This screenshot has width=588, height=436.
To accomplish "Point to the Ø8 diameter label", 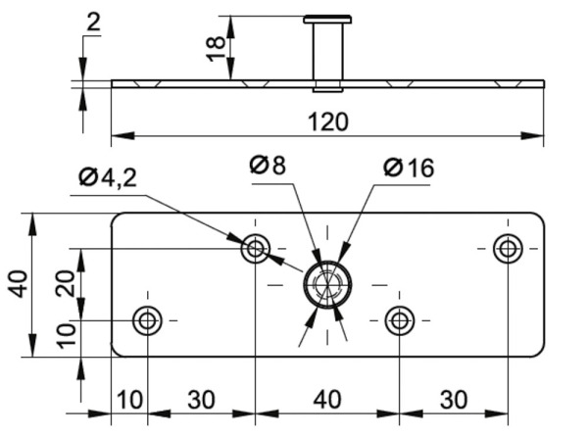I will coord(268,166).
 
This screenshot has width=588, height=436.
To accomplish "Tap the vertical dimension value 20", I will coord(66,285).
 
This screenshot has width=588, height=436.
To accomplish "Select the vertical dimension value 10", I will coord(66,338).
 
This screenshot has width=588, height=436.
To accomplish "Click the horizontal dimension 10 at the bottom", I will coord(128,401).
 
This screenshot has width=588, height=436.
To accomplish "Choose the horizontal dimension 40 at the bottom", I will coord(326,401).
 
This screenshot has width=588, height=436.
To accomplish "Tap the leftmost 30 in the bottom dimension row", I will coord(201,401).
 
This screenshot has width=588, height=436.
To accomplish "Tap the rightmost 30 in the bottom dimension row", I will coord(453,401).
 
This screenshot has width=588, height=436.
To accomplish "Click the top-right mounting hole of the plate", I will coord(508,248).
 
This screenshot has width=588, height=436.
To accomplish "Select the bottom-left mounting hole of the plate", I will coord(148,319).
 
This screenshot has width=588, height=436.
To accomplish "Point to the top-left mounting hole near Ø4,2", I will coord(255,248).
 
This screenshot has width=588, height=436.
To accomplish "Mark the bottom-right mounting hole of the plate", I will coord(399,319).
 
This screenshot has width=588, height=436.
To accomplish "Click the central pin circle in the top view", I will coord(325,284).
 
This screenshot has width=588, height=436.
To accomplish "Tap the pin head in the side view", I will coord(327,19).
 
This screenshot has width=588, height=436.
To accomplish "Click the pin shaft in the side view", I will coord(326,54).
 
